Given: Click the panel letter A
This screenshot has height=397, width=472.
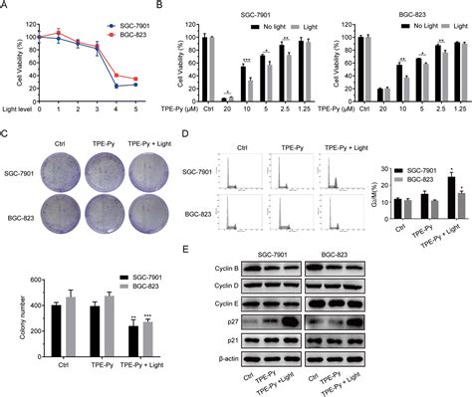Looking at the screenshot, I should point(5,7).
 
